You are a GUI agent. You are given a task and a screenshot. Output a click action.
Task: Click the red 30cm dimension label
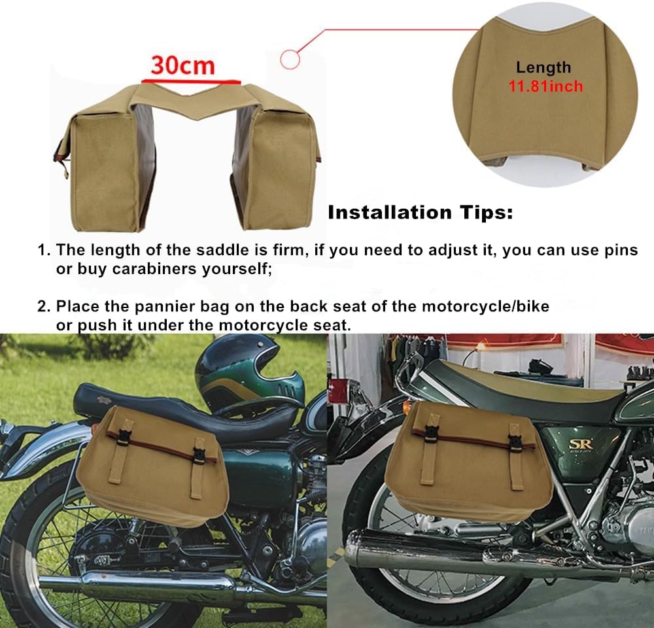pyautogui.click(x=182, y=65)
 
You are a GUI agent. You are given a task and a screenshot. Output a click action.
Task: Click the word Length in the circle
pyautogui.click(x=543, y=67)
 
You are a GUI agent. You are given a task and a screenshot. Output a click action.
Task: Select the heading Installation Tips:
pyautogui.click(x=420, y=213)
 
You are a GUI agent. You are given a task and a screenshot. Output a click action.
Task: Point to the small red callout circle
pyautogui.click(x=290, y=60)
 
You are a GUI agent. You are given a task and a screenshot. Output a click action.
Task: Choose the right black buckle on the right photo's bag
pyautogui.click(x=515, y=440)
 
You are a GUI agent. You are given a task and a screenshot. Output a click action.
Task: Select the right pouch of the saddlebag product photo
pyautogui.click(x=278, y=170)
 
